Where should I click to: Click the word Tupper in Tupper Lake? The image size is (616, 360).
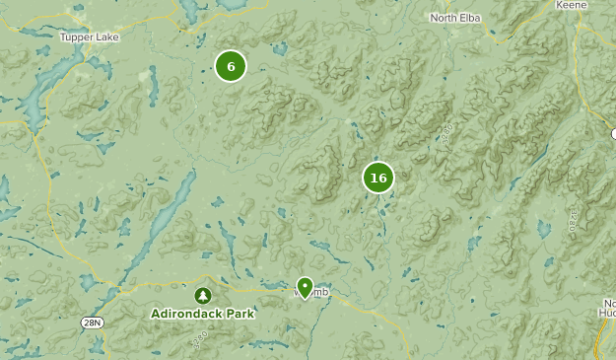(x=76, y=37)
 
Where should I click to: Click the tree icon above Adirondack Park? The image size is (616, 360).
(x=202, y=295)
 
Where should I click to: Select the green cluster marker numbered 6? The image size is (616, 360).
(x=230, y=66)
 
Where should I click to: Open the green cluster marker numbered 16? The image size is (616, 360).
(x=377, y=178)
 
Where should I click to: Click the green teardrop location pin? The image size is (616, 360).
(x=305, y=286)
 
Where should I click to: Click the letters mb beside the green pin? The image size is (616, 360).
(x=321, y=291)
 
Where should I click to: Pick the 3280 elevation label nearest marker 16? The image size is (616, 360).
(x=445, y=132)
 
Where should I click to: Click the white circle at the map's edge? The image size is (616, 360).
(x=612, y=132)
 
